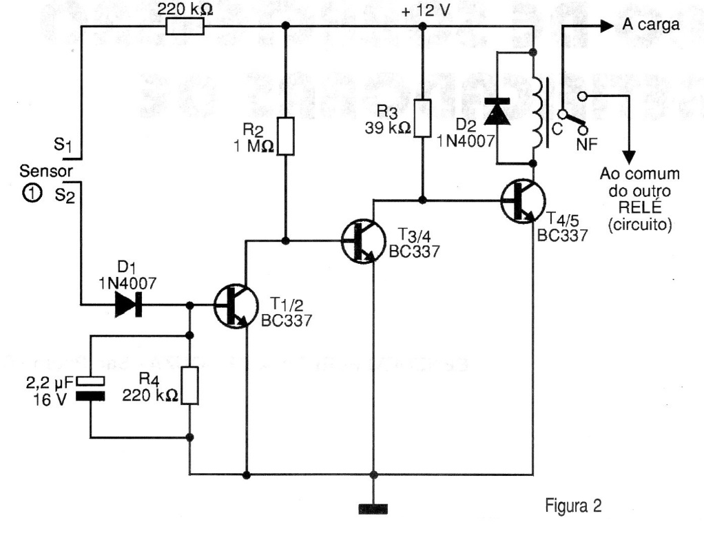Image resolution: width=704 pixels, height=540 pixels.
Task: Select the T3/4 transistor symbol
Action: click(x=362, y=240)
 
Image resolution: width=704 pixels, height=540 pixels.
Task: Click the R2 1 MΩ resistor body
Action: click(x=284, y=136)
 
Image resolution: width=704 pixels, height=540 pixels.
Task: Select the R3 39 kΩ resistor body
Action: click(x=422, y=118)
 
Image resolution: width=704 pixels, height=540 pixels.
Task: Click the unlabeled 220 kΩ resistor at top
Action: click(x=186, y=26)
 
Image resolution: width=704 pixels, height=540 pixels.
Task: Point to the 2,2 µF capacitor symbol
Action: click(x=92, y=388)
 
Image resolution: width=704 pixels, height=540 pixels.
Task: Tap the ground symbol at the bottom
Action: click(x=373, y=510)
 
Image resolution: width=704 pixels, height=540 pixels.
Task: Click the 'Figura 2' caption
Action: click(x=573, y=508)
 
